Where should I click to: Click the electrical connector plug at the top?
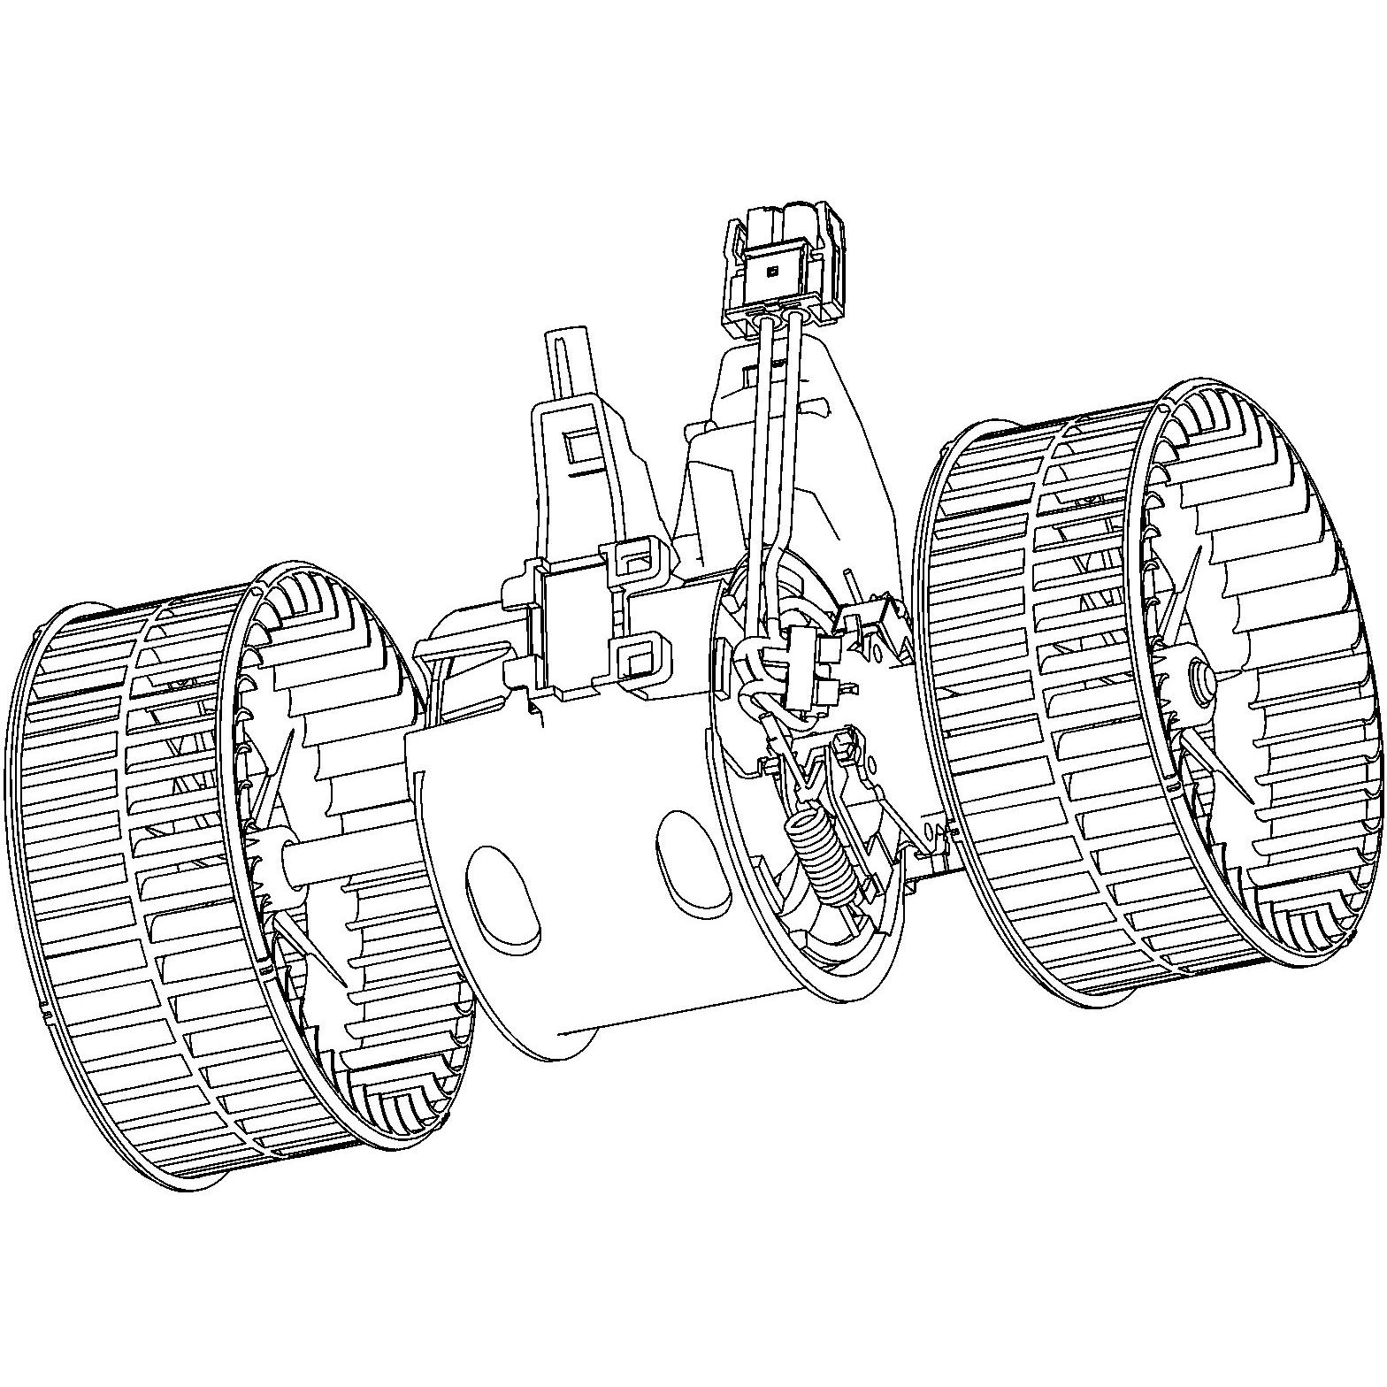[x=778, y=270]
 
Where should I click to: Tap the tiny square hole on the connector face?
[x=772, y=272]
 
